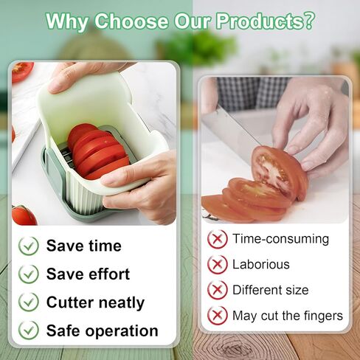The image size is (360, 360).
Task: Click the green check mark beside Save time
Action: coord(29,246)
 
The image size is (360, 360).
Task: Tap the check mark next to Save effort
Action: coord(29,274)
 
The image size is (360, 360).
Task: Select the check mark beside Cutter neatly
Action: coord(29,302)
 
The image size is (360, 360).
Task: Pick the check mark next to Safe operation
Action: coord(29,330)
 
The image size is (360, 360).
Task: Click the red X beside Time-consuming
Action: coord(218,239)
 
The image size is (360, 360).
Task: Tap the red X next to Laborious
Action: coord(218,264)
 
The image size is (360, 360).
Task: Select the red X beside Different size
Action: coord(218,290)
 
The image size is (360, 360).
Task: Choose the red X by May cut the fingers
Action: coord(218,316)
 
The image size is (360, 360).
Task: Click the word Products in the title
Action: coord(259,21)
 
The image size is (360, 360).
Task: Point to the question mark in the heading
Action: coord(308,21)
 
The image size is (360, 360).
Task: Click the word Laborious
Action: coord(261,265)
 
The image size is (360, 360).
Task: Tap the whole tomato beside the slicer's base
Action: coord(24,215)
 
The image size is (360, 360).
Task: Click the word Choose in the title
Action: coord(131,21)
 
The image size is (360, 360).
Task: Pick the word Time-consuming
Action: coord(280,239)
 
